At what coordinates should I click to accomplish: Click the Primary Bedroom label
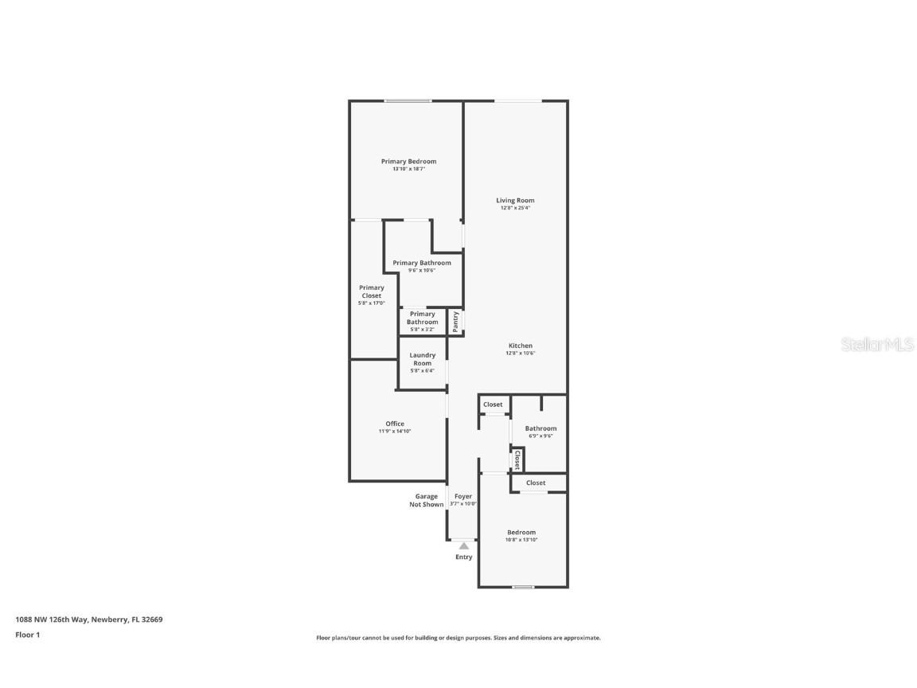408,162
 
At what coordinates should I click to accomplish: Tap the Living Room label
515,201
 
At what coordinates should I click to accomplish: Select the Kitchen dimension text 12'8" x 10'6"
521,354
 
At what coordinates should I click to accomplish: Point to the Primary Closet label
371,291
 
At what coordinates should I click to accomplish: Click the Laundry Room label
422,359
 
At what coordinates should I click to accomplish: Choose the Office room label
395,424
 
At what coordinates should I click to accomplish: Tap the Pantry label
455,321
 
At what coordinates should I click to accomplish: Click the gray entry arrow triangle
463,545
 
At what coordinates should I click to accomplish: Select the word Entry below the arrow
463,557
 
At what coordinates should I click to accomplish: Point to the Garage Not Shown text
427,500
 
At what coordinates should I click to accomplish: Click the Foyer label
463,497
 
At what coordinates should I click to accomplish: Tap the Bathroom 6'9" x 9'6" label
540,428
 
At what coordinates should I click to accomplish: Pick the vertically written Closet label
517,459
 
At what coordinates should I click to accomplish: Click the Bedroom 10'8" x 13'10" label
521,533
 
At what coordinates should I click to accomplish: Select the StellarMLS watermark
877,345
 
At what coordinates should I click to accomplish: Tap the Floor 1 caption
27,635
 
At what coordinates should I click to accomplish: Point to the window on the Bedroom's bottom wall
522,587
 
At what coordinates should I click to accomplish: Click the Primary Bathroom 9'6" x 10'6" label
422,263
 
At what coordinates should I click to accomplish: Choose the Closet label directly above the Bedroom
536,483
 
